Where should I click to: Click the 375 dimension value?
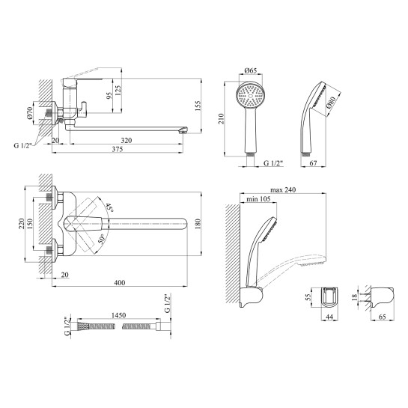(118, 149)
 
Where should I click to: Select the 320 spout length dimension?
(127, 140)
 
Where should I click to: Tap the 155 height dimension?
(198, 106)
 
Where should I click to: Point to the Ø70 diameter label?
(30, 113)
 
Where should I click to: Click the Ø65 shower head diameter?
(251, 70)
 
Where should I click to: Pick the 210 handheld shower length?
(221, 119)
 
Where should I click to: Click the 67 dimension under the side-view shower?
(313, 163)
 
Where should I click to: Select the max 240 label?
(283, 190)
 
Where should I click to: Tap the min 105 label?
(258, 199)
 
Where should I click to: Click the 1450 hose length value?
(118, 315)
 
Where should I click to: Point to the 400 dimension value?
(120, 282)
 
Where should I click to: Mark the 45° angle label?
(109, 207)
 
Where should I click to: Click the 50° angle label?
(101, 239)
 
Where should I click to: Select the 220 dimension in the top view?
(21, 224)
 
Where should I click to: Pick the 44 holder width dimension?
(329, 317)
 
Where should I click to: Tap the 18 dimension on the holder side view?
(353, 297)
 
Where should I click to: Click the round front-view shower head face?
(250, 95)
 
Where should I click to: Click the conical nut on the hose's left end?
(83, 326)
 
